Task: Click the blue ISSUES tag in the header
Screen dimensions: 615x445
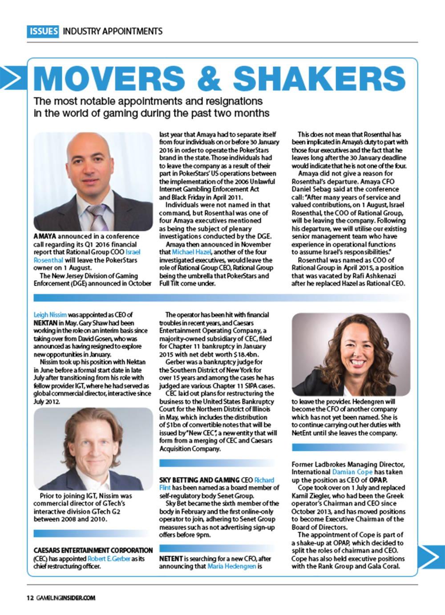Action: (43, 31)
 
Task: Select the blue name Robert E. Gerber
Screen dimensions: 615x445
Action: (109, 558)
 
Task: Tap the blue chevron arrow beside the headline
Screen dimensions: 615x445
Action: (13, 79)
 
